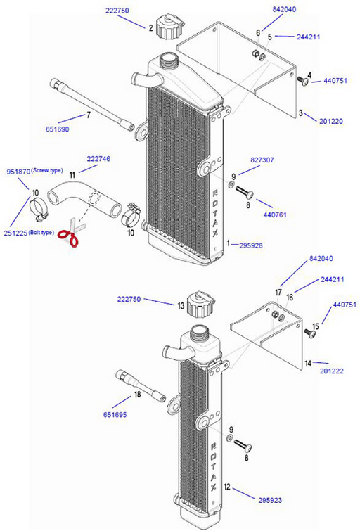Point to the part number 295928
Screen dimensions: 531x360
(x=252, y=245)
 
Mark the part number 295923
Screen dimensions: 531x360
(x=271, y=498)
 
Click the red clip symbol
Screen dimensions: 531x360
(x=69, y=238)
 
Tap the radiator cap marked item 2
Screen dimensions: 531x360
(x=170, y=29)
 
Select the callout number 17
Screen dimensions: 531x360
(x=278, y=292)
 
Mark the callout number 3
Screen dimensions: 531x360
(x=300, y=113)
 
